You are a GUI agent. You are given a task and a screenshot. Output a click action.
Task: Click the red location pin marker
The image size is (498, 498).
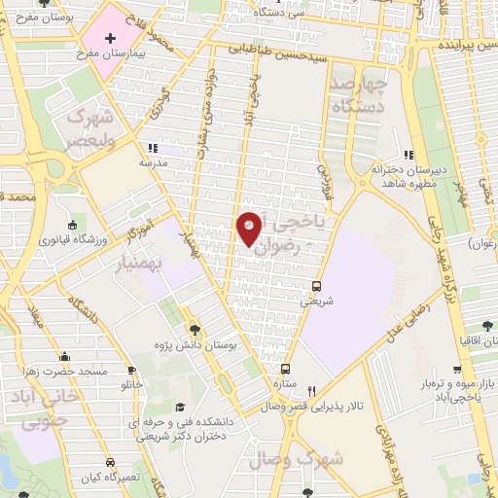click(x=250, y=228)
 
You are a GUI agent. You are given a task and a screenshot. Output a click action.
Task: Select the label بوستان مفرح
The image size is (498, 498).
click(x=37, y=17)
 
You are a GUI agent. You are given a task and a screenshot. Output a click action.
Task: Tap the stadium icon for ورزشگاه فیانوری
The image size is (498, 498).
click(x=74, y=227)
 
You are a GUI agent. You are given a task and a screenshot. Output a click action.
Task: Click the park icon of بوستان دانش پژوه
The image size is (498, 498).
click(x=196, y=329)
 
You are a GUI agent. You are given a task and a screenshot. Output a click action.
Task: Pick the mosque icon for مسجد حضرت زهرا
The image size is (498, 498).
click(x=64, y=356)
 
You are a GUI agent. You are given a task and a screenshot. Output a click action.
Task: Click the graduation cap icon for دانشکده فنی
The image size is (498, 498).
click(x=179, y=407)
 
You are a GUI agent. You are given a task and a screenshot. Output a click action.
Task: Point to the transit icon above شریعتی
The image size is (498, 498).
click(x=316, y=286)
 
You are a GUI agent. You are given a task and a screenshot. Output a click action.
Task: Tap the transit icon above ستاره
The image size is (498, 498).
click(x=286, y=369)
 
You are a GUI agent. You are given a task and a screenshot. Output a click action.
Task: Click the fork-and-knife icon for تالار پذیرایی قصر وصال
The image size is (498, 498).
click(x=311, y=390)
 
